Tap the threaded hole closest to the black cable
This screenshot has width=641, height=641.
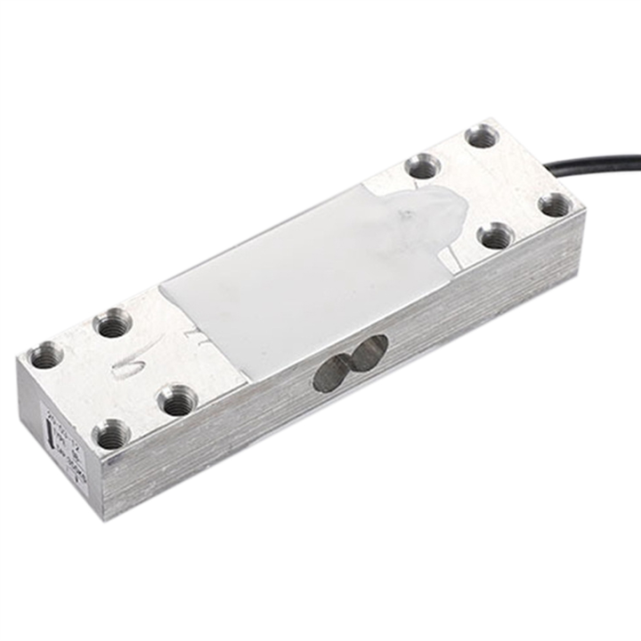click(555, 204)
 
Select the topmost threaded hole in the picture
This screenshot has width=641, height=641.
click(482, 136)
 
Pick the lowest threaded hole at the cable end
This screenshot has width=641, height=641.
click(495, 236)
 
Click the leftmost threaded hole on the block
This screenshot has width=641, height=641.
click(45, 355)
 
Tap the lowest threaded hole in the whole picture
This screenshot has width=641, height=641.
click(111, 434)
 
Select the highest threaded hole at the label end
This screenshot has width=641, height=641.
click(113, 321)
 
